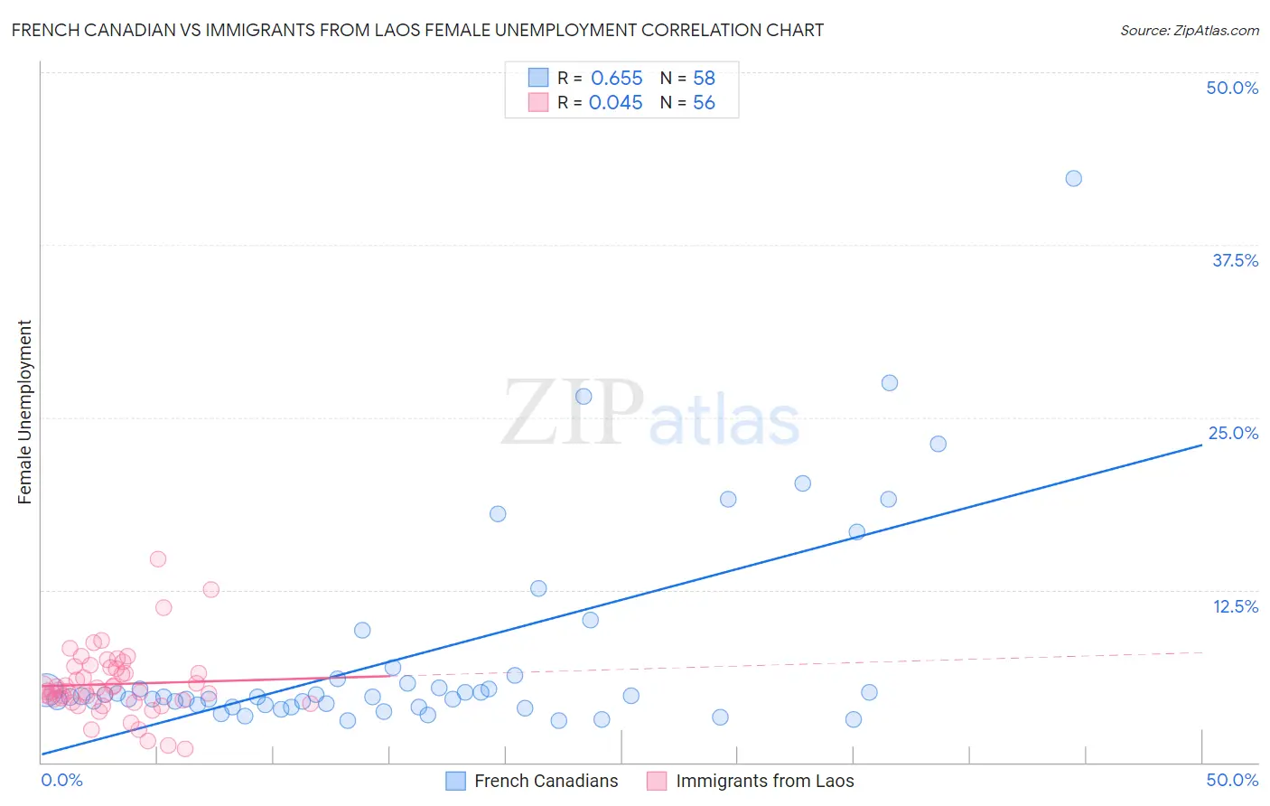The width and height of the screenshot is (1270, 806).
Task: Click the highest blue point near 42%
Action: (1073, 178)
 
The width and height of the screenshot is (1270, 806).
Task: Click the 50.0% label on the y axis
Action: (1232, 88)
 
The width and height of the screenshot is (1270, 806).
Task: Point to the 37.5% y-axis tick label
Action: (1235, 260)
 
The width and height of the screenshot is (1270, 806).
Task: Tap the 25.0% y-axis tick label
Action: (1233, 433)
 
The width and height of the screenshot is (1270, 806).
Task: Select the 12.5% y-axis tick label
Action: (1235, 606)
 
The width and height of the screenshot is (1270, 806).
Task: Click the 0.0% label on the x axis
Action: (61, 780)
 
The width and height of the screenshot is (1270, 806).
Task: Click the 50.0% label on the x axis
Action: (1232, 780)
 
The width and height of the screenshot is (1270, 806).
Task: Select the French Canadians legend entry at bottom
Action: (533, 781)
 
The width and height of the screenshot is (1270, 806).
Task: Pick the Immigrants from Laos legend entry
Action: (751, 781)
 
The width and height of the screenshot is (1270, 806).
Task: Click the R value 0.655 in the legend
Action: (616, 78)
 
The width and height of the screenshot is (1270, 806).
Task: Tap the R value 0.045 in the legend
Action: (615, 102)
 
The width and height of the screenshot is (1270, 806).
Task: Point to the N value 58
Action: (704, 78)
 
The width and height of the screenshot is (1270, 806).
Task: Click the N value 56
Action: (704, 102)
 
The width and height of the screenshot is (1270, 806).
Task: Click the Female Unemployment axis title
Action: (24, 412)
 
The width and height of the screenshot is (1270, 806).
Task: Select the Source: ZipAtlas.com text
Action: (1189, 30)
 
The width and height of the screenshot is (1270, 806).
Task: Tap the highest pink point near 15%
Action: (158, 558)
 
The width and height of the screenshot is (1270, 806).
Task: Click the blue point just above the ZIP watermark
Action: (584, 396)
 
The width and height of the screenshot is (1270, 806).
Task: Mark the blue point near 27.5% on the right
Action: (890, 382)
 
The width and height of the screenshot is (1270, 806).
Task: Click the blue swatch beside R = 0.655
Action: (538, 78)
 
